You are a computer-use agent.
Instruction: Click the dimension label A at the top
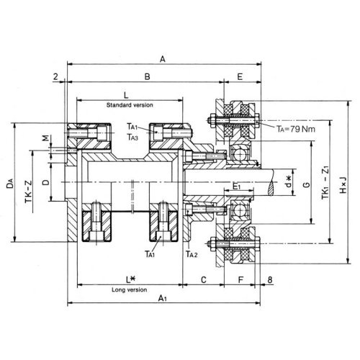(x=163, y=59)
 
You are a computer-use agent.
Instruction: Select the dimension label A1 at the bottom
(x=163, y=298)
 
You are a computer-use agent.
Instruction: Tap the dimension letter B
(x=147, y=76)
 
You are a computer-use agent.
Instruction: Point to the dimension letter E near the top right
(x=240, y=76)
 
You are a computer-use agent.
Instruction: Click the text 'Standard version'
(x=130, y=105)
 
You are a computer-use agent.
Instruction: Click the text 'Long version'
(x=130, y=289)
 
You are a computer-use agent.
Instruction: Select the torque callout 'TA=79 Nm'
(x=296, y=129)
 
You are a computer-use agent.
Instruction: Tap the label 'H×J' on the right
(x=343, y=185)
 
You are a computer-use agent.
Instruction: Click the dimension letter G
(x=307, y=184)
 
